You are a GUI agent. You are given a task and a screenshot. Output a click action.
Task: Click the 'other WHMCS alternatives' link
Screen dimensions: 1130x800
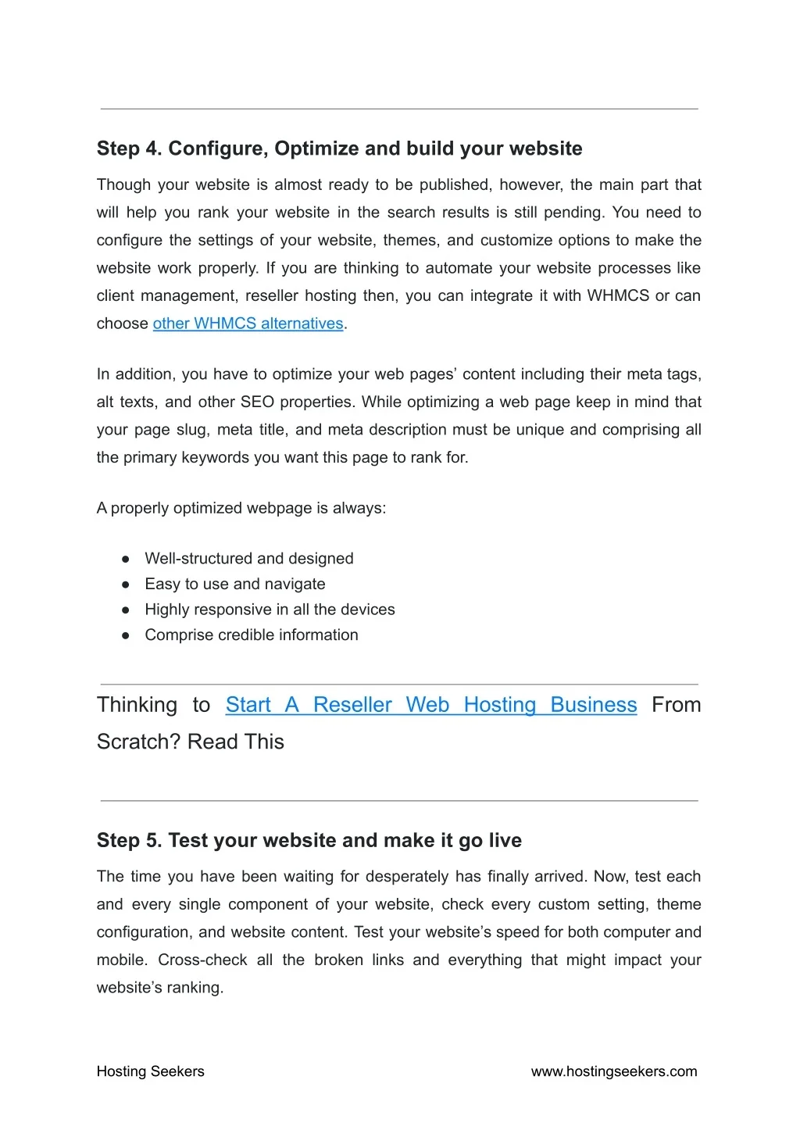[248, 324]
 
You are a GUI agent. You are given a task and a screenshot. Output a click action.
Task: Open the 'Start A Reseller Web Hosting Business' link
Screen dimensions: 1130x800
[431, 705]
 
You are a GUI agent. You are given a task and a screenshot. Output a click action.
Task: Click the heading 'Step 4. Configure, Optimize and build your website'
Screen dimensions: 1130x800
[339, 148]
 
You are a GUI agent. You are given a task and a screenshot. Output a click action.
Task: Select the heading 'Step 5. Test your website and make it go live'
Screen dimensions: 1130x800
[309, 840]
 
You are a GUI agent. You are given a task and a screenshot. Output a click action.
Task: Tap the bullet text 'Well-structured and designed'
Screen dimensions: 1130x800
[248, 559]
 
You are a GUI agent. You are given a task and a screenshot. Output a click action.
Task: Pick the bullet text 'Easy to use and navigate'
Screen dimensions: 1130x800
[234, 584]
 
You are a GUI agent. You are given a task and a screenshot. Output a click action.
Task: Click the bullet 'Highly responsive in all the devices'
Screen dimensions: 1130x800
[270, 610]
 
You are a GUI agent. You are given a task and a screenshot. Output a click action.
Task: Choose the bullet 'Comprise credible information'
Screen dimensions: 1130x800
[251, 635]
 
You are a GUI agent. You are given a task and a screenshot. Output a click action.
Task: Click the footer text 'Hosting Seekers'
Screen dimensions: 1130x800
[150, 1071]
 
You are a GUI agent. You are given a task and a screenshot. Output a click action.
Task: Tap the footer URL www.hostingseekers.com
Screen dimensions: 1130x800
[614, 1071]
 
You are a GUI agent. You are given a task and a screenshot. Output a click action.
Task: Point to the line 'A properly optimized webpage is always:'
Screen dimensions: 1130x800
[241, 508]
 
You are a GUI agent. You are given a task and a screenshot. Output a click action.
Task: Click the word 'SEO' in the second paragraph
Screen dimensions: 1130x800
[257, 402]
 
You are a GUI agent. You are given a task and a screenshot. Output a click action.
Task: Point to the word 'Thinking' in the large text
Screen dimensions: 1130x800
[137, 705]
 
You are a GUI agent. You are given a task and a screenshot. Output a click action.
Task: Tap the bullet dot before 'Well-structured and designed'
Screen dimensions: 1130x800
[125, 560]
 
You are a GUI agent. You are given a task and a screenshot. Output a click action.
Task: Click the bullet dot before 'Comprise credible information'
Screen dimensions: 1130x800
[125, 635]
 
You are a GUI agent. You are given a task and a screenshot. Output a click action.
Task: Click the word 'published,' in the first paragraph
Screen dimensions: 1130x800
[455, 185]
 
